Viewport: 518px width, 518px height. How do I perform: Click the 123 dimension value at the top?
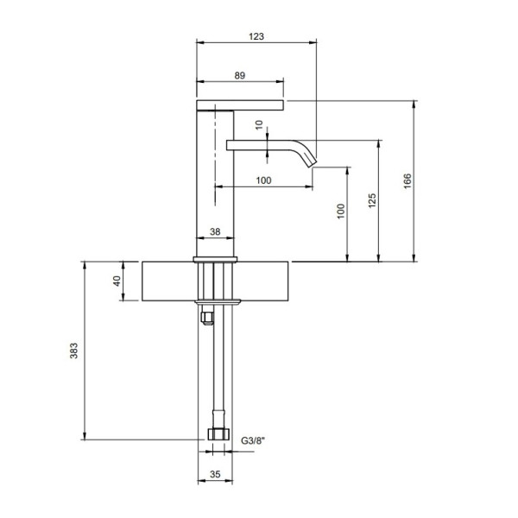(x=256, y=36)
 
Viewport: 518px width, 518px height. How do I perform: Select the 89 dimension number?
(x=240, y=76)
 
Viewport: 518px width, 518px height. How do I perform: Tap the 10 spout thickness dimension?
(x=259, y=124)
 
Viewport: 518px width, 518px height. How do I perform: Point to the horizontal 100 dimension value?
(x=263, y=180)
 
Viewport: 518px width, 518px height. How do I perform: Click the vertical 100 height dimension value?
(x=341, y=212)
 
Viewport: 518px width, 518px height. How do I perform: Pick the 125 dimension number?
(x=372, y=200)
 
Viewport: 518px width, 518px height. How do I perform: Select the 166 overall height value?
(x=407, y=180)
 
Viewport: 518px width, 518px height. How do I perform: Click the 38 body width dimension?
(x=215, y=231)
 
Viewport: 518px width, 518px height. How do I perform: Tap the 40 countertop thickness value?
(x=117, y=281)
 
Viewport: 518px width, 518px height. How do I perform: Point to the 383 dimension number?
(x=73, y=351)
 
